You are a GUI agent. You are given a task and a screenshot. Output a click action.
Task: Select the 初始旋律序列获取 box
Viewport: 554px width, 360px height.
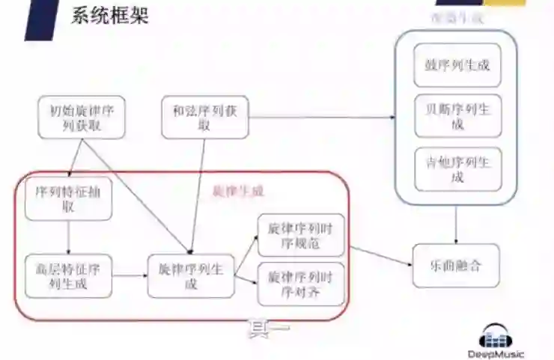82,118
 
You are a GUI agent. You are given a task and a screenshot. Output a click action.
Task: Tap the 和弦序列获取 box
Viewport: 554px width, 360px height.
204,118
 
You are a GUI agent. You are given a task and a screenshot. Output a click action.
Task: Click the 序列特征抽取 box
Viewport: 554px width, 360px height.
68,199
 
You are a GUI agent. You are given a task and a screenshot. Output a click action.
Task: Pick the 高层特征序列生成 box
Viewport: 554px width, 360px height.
68,275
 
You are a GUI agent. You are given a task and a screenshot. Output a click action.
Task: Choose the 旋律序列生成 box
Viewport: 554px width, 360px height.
191,276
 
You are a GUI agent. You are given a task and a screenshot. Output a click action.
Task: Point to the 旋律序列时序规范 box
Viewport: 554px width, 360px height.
300,235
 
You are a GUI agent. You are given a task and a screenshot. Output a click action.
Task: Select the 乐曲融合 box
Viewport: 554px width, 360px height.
456,266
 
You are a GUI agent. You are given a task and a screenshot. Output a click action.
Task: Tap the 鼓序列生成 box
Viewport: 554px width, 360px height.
457,64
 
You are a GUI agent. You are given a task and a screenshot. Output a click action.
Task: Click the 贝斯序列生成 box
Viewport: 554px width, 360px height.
457,116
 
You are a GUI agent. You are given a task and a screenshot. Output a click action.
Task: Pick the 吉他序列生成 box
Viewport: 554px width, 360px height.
457,168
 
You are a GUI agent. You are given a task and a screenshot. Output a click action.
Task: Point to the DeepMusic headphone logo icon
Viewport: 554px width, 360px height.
496,336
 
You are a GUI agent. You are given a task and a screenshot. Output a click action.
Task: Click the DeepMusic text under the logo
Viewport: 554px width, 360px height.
496,354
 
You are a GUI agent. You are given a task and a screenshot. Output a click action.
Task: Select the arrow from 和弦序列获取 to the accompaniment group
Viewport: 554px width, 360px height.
322,118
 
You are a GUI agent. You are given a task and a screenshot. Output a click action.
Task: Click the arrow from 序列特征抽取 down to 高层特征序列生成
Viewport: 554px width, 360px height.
68,237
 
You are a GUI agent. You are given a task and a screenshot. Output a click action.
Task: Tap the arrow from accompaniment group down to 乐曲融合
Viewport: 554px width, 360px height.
456,225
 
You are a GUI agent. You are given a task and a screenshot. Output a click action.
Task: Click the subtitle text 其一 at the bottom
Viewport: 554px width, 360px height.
269,329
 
